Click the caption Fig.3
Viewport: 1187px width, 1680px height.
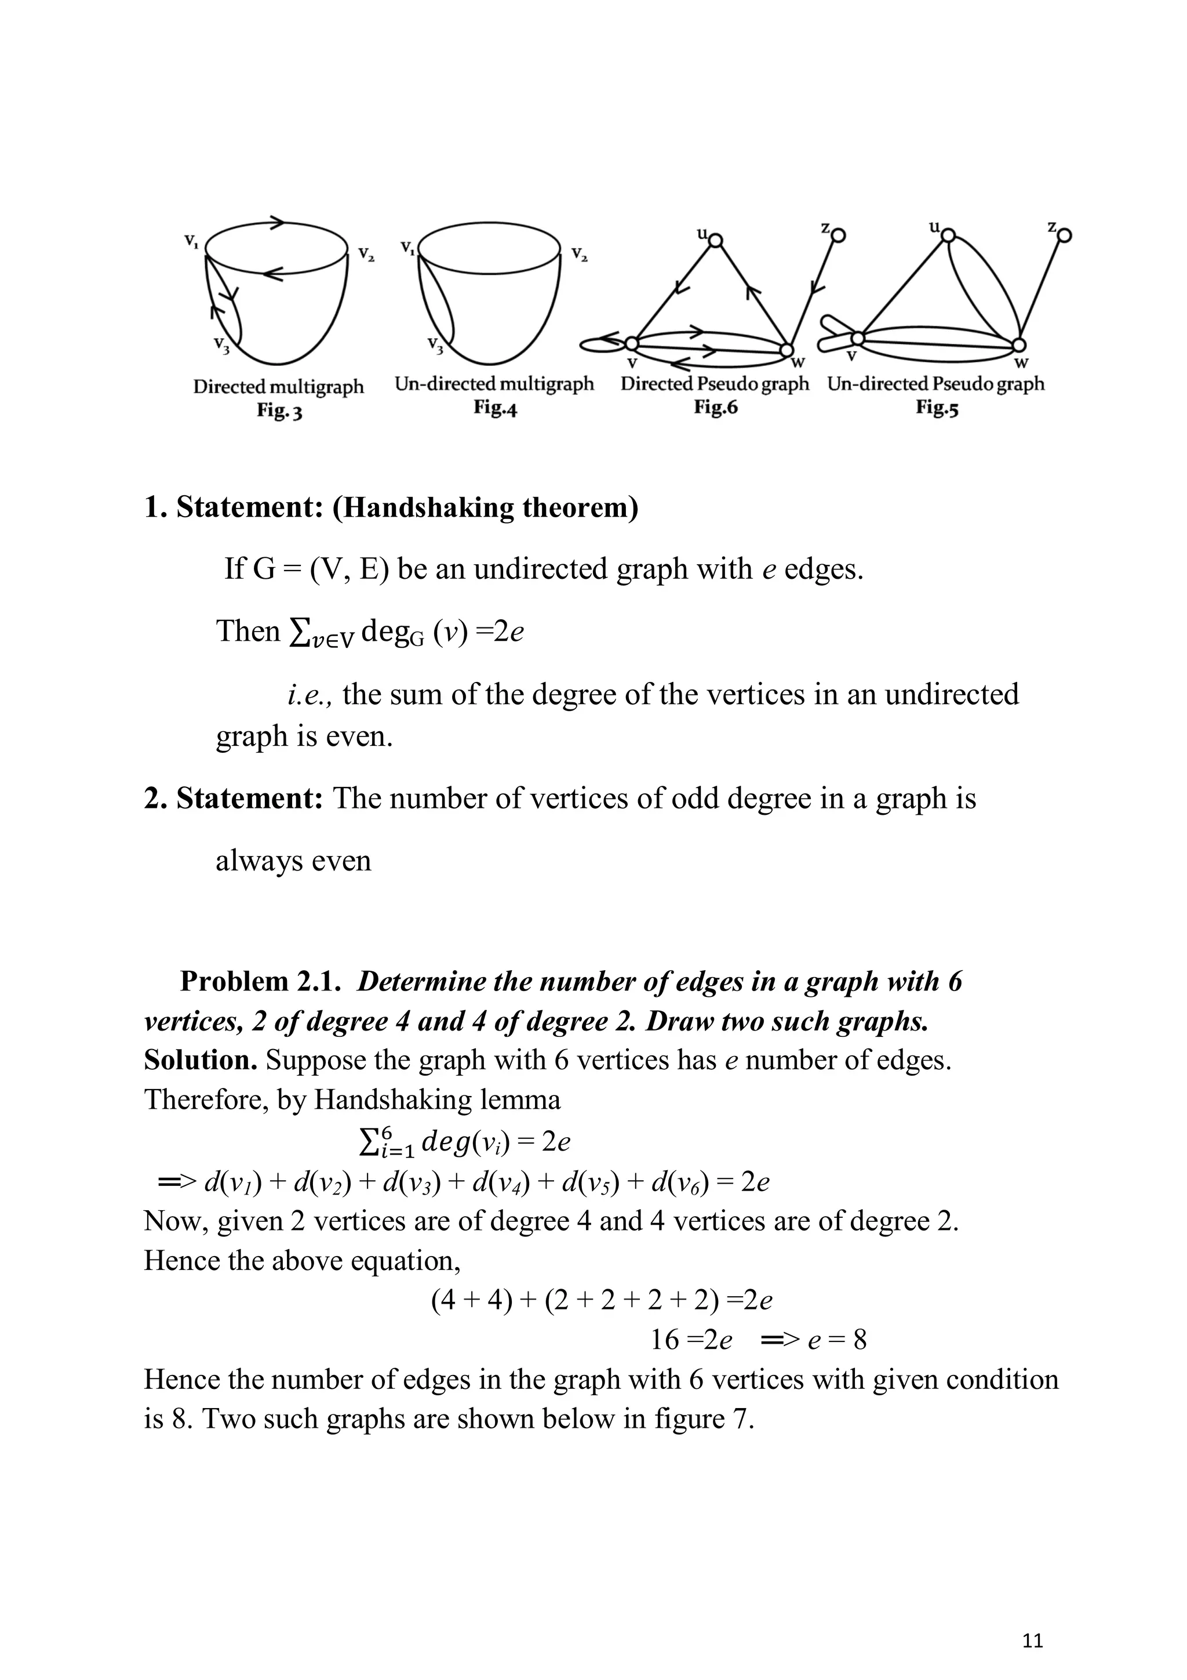click(279, 411)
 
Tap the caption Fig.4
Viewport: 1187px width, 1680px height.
click(495, 408)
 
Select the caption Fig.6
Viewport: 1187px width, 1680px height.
click(715, 408)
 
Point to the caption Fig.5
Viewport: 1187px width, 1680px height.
click(936, 408)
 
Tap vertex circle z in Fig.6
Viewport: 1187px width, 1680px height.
click(839, 235)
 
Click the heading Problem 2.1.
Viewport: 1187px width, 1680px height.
click(261, 981)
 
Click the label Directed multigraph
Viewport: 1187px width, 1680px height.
click(278, 386)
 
